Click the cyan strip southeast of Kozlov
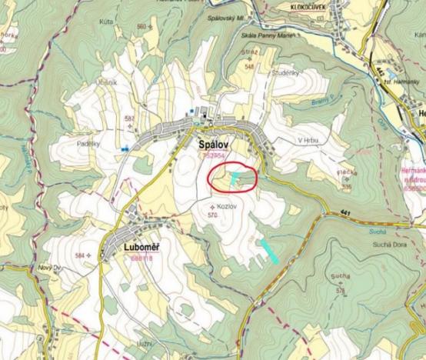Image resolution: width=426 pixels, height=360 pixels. pos(268,252)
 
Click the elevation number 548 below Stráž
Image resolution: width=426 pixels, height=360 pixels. pos(249,66)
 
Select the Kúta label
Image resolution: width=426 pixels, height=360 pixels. pos(107,23)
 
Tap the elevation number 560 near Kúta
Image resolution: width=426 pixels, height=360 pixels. pos(141,27)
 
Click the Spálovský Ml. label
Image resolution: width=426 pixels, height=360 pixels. pos(228,16)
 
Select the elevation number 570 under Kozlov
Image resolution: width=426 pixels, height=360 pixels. pos(214,215)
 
